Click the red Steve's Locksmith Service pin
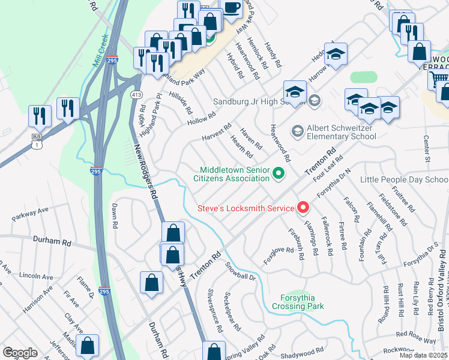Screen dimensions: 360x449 303,208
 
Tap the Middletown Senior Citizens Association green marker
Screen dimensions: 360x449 278,174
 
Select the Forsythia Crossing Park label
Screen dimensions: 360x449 298,302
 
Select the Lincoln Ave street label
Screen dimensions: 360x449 37,275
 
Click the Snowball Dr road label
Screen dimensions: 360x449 240,271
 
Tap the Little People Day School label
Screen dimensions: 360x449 404,179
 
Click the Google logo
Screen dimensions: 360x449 20,353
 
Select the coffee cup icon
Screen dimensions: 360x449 232,7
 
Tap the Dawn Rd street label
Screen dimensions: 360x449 114,215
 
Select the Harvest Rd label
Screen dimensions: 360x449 216,131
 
